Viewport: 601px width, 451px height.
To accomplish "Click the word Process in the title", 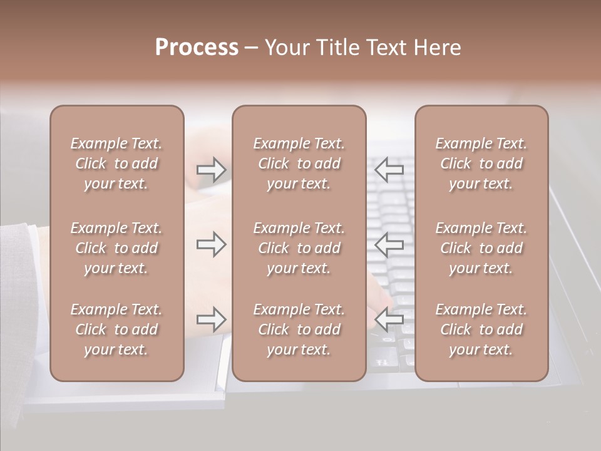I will tap(197, 48).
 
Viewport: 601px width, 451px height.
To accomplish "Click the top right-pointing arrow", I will tap(211, 169).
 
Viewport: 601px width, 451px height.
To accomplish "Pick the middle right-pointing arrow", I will tap(211, 244).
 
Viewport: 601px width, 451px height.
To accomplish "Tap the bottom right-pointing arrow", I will tap(211, 319).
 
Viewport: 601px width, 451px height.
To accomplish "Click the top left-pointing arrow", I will tap(389, 169).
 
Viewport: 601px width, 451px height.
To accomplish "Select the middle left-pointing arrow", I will tap(389, 244).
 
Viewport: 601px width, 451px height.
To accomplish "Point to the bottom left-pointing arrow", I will tap(389, 319).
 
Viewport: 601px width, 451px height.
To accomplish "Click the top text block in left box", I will tap(116, 163).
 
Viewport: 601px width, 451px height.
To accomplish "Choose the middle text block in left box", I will tap(116, 248).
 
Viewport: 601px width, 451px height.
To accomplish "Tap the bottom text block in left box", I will tap(116, 329).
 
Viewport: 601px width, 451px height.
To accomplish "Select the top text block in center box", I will tap(299, 163).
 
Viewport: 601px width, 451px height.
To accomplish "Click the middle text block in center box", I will tap(299, 248).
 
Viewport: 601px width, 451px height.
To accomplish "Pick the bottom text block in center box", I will tap(299, 329).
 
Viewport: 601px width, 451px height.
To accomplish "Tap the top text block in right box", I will tap(481, 163).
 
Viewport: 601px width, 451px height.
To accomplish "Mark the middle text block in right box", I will tap(481, 248).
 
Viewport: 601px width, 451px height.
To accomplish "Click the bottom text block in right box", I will tap(481, 329).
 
